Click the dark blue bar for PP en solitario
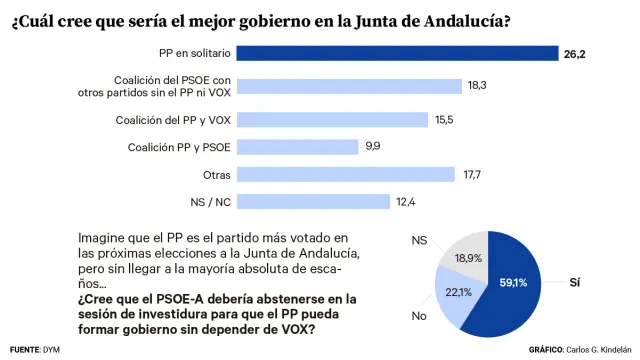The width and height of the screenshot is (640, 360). pyautogui.click(x=399, y=52)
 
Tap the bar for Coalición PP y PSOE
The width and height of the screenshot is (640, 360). pyautogui.click(x=299, y=147)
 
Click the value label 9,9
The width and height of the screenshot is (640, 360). pyautogui.click(x=373, y=147)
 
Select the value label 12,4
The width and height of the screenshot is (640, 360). pyautogui.click(x=405, y=202)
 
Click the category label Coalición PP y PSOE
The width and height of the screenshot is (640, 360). pyautogui.click(x=180, y=147)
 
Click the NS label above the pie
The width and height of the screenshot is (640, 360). pyautogui.click(x=420, y=241)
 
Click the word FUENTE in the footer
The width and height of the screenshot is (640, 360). pyautogui.click(x=23, y=350)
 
